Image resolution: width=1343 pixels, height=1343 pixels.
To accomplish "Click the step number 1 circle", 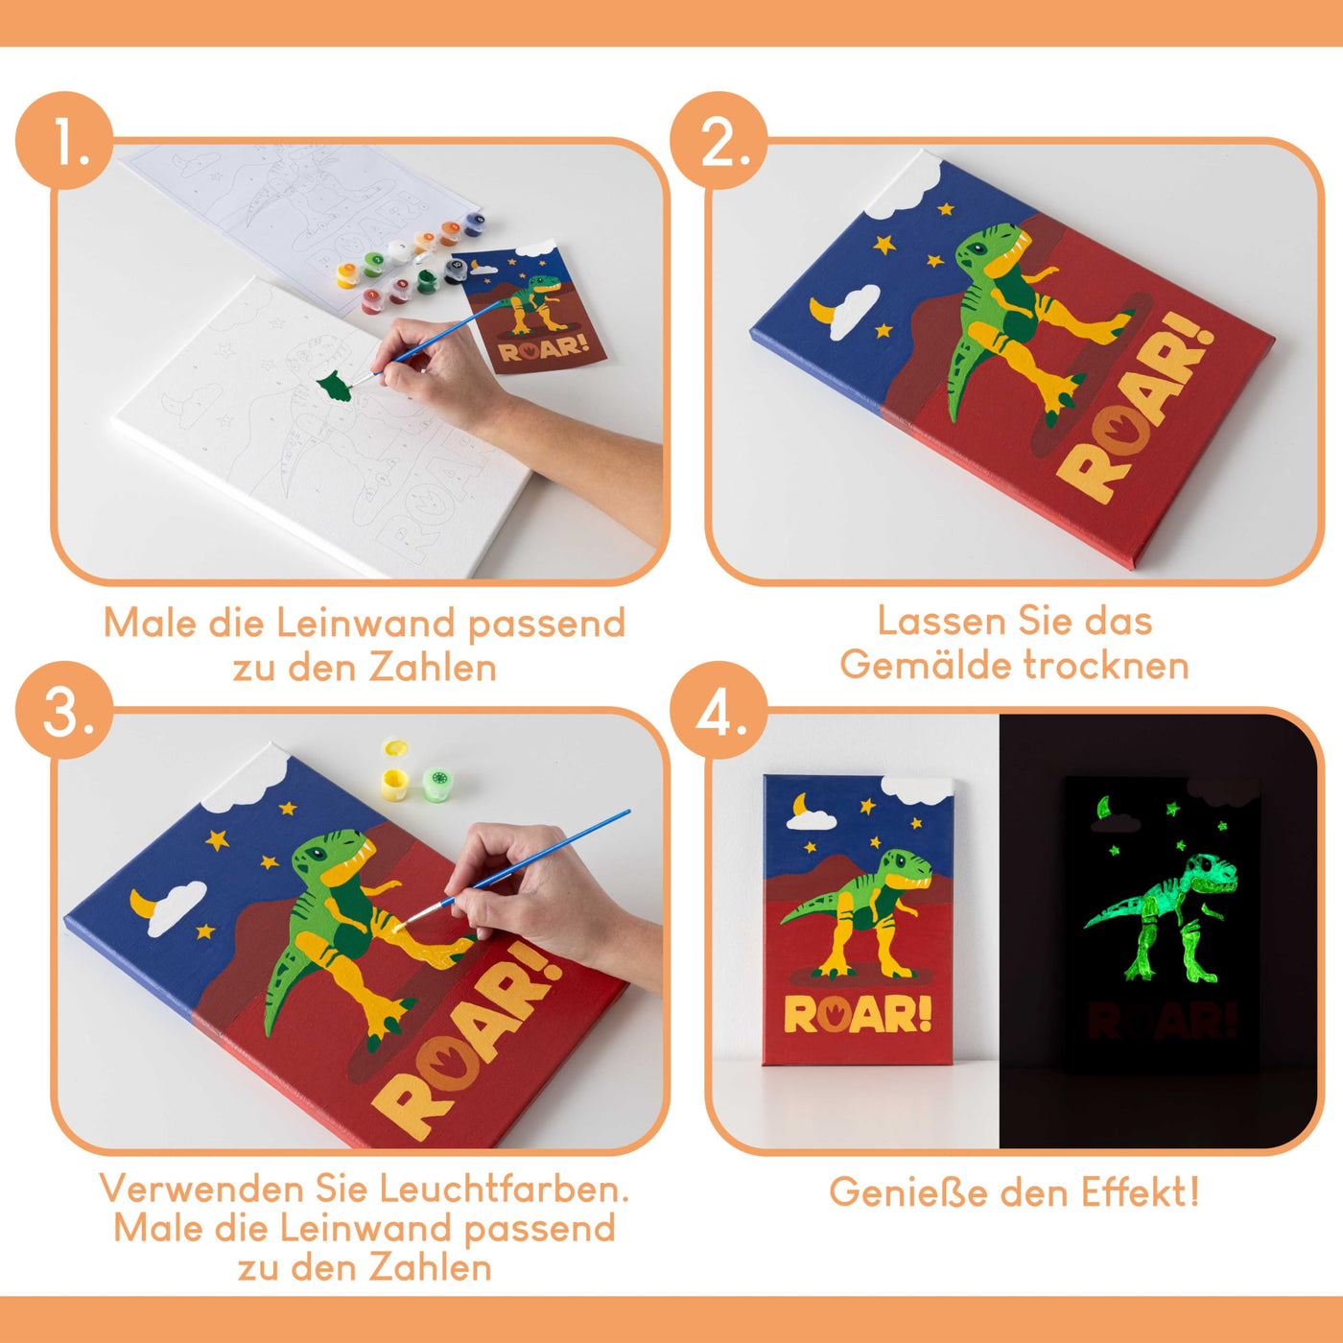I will coord(64,141).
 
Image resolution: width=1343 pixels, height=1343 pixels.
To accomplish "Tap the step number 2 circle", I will coord(719,141).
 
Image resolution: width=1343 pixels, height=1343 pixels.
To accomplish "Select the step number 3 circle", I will coord(64,711).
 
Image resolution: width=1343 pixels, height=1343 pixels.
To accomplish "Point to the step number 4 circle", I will coord(719,711).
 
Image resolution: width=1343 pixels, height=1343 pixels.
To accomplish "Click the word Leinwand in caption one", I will coord(366,624).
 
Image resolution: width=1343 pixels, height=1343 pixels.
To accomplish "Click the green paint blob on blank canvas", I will coord(333,387).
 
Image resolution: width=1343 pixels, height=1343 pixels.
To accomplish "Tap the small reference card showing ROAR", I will coord(530,307).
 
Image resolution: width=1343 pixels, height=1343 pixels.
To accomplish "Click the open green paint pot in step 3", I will coord(438,782).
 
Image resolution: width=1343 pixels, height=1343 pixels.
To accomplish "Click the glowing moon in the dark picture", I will coord(1105,807).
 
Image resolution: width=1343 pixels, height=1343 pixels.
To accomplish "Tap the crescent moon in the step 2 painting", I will coord(823,313).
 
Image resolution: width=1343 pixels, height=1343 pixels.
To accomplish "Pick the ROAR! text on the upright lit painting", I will coord(857,1014).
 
